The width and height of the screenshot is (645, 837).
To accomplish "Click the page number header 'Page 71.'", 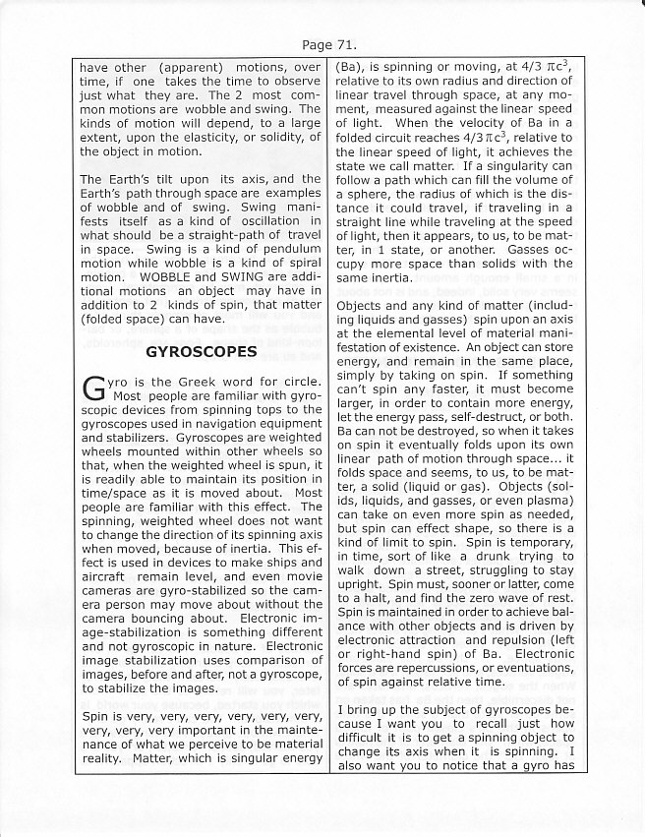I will coord(322,44).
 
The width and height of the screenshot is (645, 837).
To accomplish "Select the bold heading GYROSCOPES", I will coord(201,350).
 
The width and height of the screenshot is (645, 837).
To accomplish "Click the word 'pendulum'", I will coord(290,248).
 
